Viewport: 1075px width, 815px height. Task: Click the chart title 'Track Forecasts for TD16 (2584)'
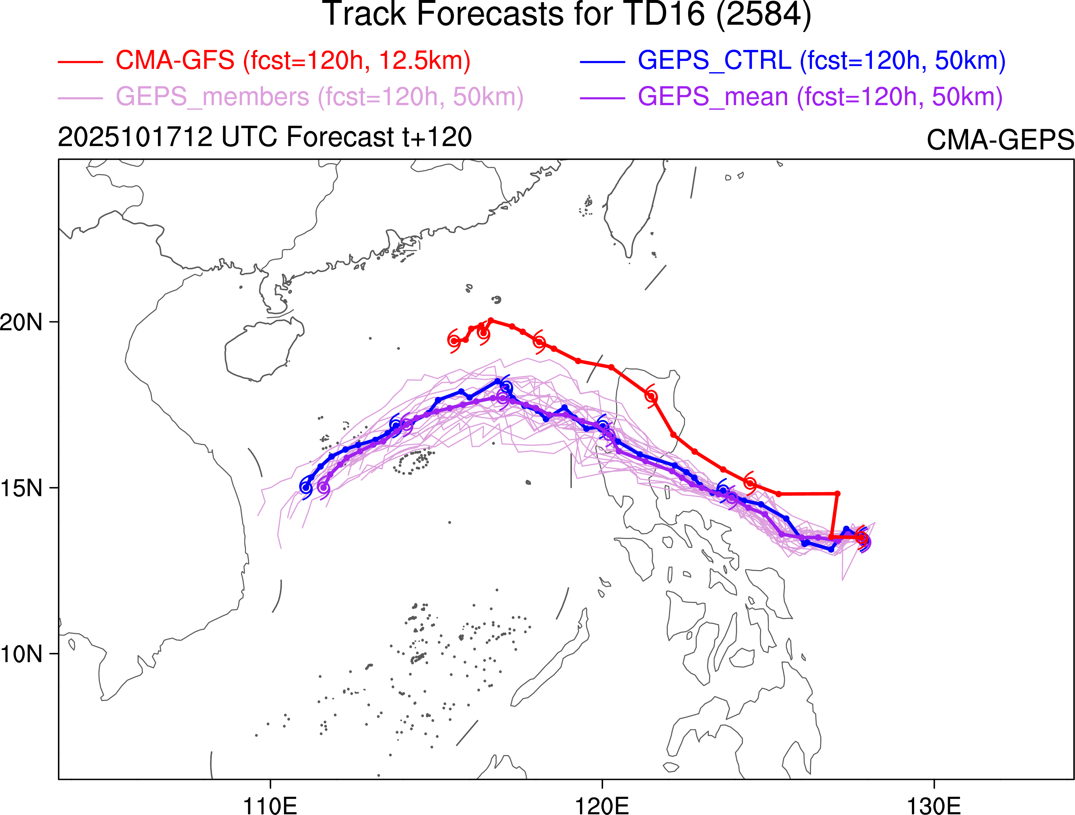567,15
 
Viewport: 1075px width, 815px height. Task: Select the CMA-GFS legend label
293,61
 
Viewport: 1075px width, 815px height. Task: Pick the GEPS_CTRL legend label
821,61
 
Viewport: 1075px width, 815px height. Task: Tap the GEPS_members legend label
319,97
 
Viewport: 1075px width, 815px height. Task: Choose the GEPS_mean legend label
820,97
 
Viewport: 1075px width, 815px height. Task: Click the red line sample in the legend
80,62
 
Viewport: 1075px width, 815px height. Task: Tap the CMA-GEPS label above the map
1000,140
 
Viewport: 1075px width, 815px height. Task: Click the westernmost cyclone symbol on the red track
454,341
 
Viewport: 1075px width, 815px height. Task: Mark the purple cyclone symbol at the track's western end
324,488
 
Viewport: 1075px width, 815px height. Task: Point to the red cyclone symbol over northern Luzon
651,397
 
